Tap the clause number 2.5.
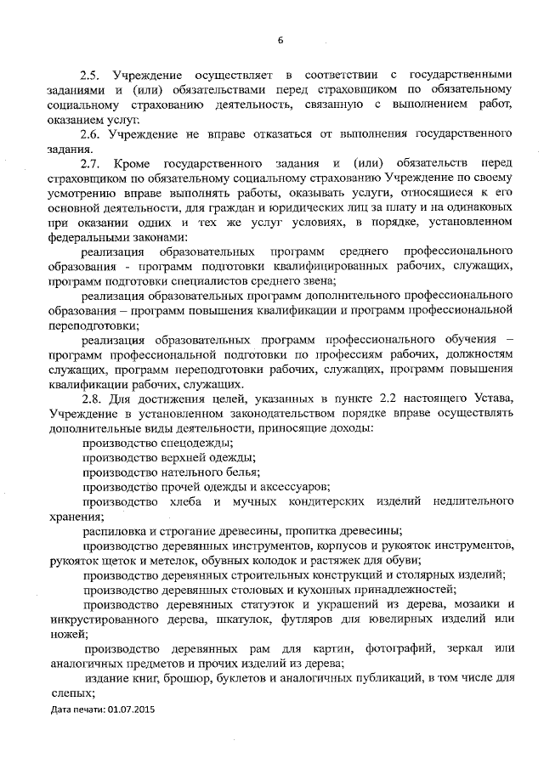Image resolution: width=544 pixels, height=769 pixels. [92, 75]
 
